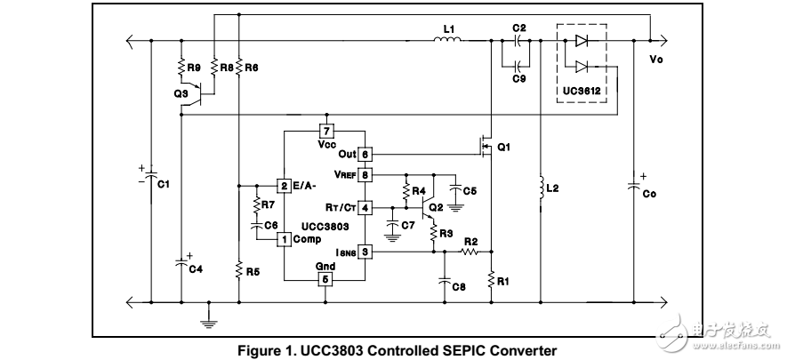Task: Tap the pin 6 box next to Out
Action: (x=365, y=154)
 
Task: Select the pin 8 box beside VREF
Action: (x=365, y=174)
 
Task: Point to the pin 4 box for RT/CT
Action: (x=365, y=207)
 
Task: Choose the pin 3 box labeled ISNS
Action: (x=365, y=252)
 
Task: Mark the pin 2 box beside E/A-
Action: (x=284, y=185)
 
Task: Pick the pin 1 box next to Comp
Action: (x=284, y=239)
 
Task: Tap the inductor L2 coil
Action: (x=540, y=188)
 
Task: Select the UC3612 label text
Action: (x=586, y=92)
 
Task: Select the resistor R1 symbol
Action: (x=492, y=280)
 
